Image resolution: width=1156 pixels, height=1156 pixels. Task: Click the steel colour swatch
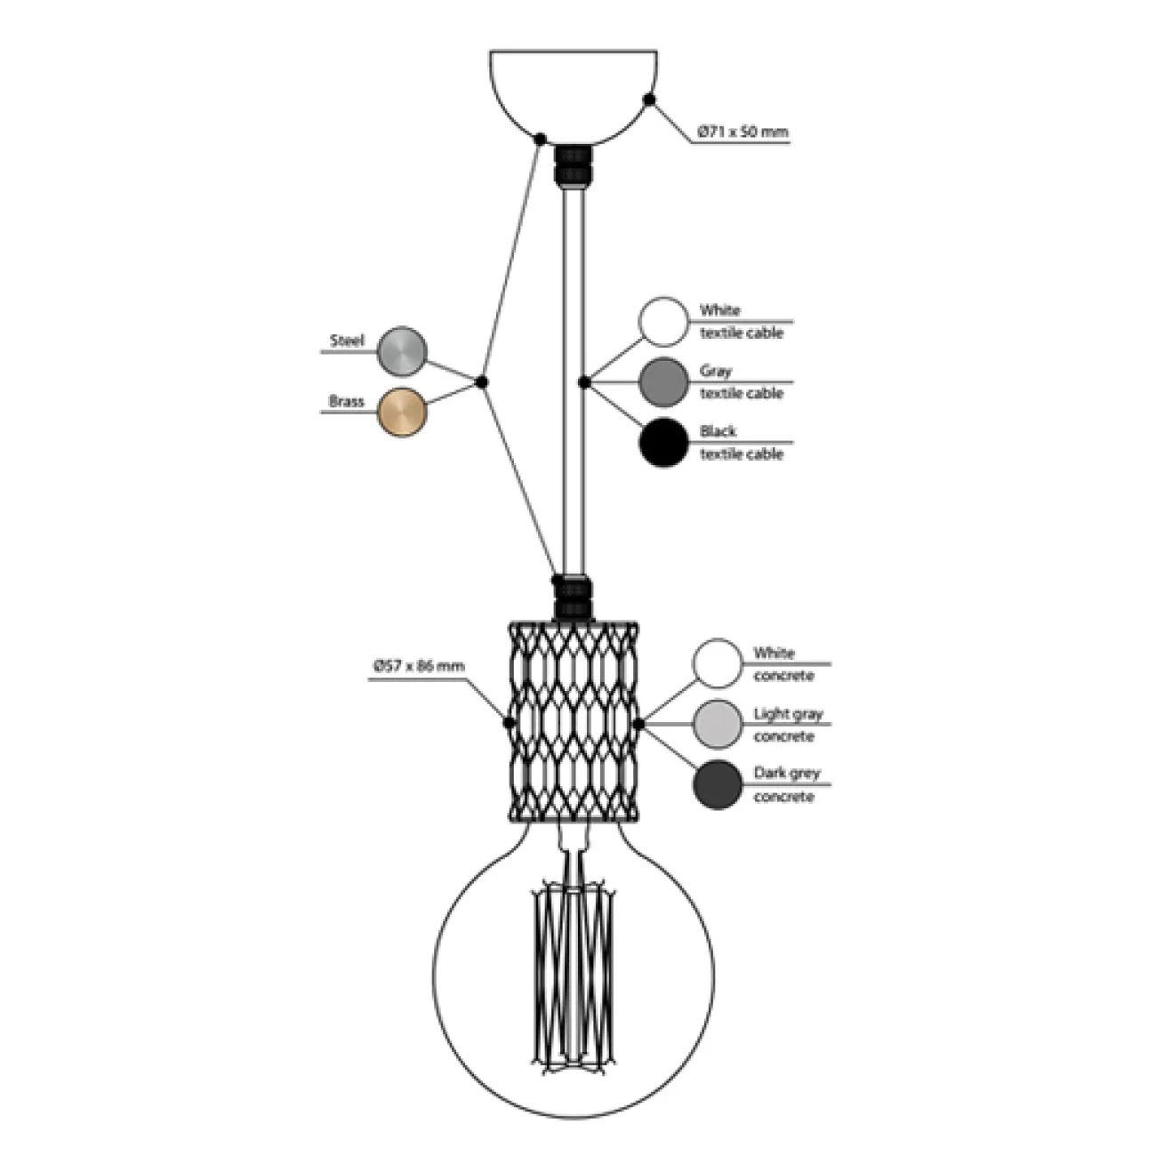coord(402,350)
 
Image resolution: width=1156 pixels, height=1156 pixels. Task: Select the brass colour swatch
coord(402,412)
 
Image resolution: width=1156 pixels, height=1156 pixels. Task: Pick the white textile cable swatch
coord(663,321)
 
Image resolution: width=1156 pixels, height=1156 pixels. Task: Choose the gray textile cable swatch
coord(663,381)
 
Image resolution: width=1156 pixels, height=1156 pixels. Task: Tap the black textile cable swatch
coord(663,442)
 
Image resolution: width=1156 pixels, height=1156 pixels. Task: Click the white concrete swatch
coord(718,663)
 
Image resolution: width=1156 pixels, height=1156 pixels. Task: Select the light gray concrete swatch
coord(718,724)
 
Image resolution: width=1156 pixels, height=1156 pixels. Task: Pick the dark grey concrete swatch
coord(718,785)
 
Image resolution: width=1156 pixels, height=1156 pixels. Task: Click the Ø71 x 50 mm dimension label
coord(743,132)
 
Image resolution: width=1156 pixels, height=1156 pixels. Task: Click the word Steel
coord(347,341)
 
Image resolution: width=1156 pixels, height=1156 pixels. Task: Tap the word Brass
coord(346,402)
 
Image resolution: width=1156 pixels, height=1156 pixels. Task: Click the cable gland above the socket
coord(572,598)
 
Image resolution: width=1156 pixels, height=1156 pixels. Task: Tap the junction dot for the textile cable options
coord(584,381)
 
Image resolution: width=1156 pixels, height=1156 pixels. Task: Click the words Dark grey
coord(787,774)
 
